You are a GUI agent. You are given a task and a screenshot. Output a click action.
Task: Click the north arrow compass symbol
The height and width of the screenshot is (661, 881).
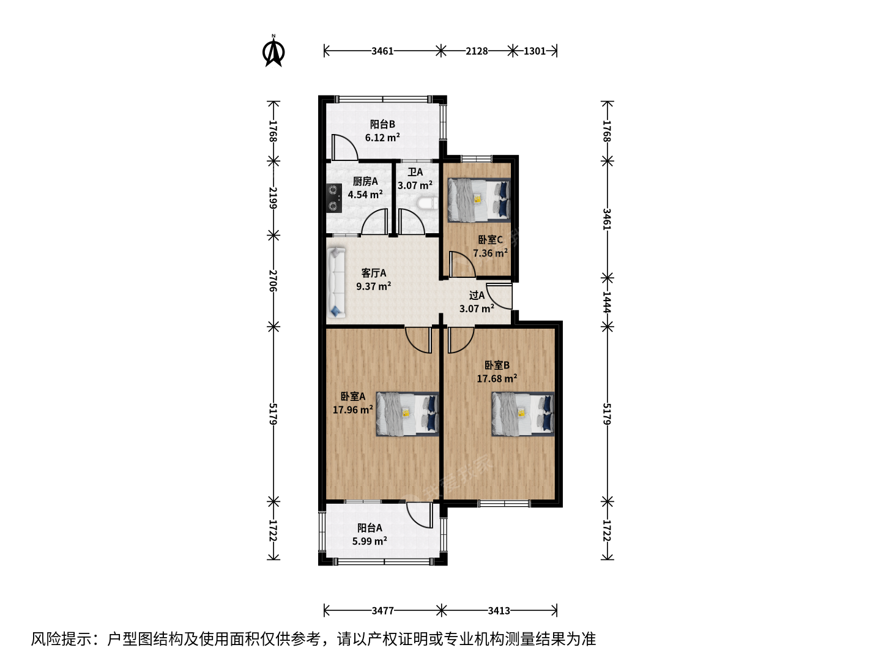[x=273, y=51]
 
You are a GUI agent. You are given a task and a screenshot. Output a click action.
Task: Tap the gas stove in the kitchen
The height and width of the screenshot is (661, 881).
[x=333, y=198]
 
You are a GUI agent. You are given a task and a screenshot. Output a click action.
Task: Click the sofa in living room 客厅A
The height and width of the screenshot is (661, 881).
[x=336, y=282]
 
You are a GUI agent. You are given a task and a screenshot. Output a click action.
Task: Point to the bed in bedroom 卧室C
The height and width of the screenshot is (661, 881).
[x=479, y=200]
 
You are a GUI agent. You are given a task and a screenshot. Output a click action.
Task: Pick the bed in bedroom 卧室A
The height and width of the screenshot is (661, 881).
[x=407, y=414]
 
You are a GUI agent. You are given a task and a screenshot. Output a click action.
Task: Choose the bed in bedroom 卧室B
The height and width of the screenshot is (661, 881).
[x=523, y=414]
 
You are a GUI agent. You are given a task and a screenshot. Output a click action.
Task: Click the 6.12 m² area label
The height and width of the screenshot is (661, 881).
[x=382, y=138]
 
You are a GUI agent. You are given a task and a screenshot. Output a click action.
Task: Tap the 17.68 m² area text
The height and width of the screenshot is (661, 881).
[x=497, y=378]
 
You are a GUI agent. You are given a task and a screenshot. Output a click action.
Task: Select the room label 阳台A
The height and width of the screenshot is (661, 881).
[x=370, y=528]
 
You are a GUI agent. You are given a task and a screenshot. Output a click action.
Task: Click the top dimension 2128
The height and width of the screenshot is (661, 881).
[x=477, y=51]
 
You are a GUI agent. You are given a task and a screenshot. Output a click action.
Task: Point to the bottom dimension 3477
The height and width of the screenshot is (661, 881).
[x=382, y=611]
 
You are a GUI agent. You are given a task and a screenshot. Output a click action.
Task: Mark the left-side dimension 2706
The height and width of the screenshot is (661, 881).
[x=273, y=281]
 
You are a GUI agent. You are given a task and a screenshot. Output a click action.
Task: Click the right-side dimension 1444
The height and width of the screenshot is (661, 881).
[x=607, y=302]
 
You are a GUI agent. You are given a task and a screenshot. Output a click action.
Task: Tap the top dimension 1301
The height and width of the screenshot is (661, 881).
[x=535, y=51]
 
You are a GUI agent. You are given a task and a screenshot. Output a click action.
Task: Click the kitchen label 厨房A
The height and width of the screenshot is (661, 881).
[x=365, y=181]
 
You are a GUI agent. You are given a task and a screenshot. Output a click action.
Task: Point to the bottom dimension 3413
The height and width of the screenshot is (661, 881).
[x=499, y=611]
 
